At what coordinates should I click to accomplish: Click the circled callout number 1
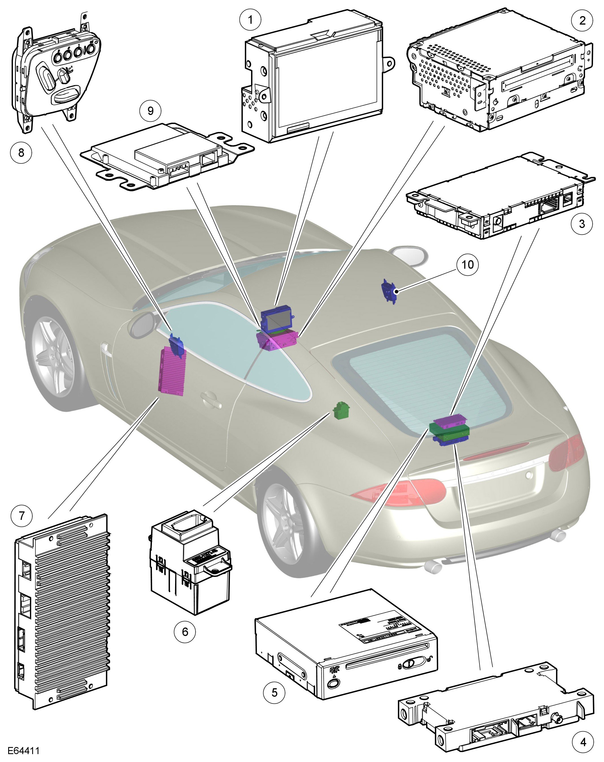pos(250,19)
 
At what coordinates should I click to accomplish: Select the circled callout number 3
pos(582,223)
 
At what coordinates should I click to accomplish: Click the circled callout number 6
pos(185,631)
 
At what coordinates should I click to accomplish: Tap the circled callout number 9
pos(151,111)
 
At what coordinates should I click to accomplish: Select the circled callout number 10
pos(467,264)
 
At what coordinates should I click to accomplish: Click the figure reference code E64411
pos(24,750)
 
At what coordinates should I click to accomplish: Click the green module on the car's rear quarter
pos(341,410)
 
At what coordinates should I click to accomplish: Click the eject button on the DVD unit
pos(333,683)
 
